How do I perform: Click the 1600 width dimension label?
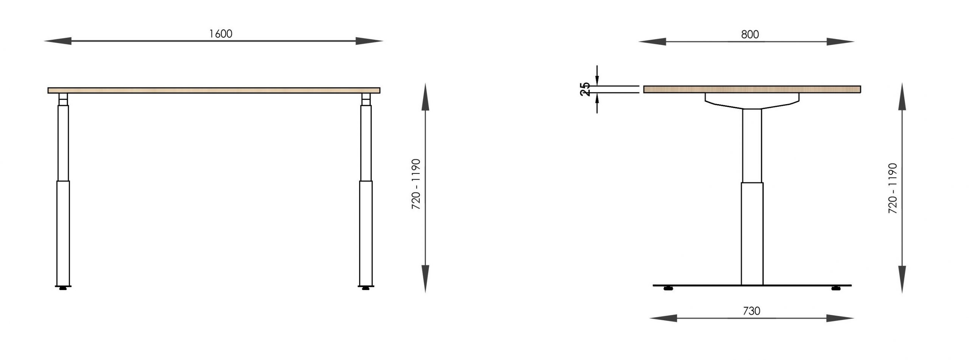221,34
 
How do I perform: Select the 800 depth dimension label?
750,34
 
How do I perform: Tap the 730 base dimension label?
751,311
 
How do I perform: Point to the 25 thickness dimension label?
585,89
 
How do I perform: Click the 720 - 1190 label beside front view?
416,184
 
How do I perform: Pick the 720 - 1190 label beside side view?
893,188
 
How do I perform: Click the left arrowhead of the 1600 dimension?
58,41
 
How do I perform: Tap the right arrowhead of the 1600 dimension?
369,41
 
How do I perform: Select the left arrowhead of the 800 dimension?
652,42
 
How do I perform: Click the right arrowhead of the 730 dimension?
840,318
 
